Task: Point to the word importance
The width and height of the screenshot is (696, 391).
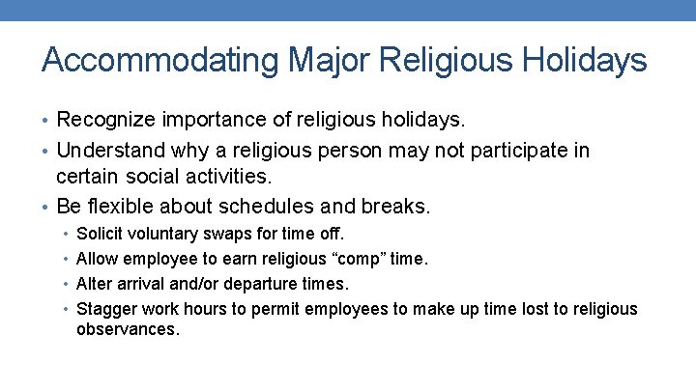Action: pyautogui.click(x=217, y=121)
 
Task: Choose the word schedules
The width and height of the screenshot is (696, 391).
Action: pyautogui.click(x=262, y=207)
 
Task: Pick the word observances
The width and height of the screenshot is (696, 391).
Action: pyautogui.click(x=127, y=329)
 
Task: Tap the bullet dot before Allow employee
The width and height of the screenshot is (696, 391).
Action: pyautogui.click(x=65, y=260)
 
